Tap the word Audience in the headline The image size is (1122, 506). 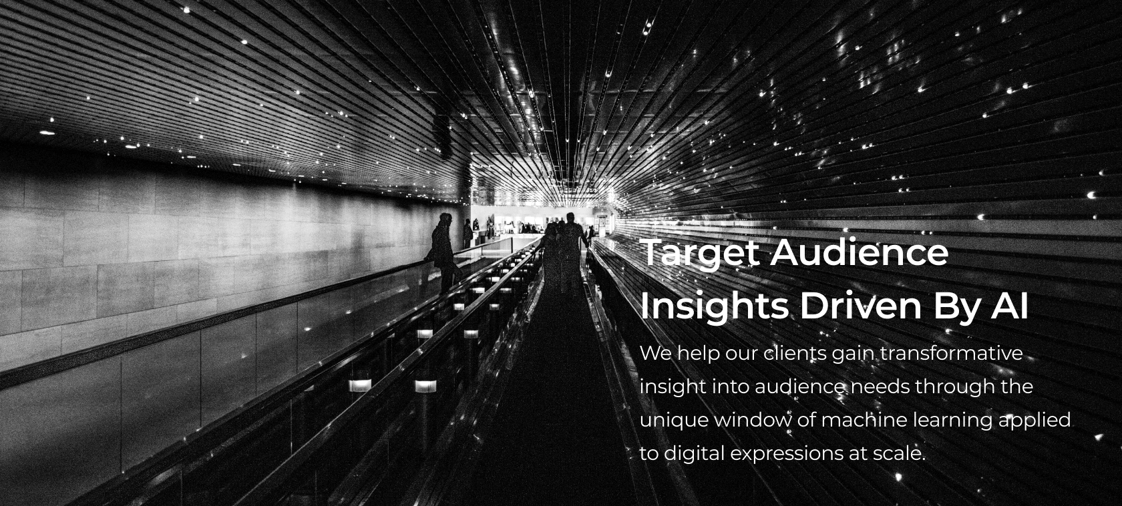[859, 252]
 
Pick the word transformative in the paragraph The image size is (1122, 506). [951, 353]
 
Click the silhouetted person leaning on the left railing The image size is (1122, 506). [443, 253]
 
